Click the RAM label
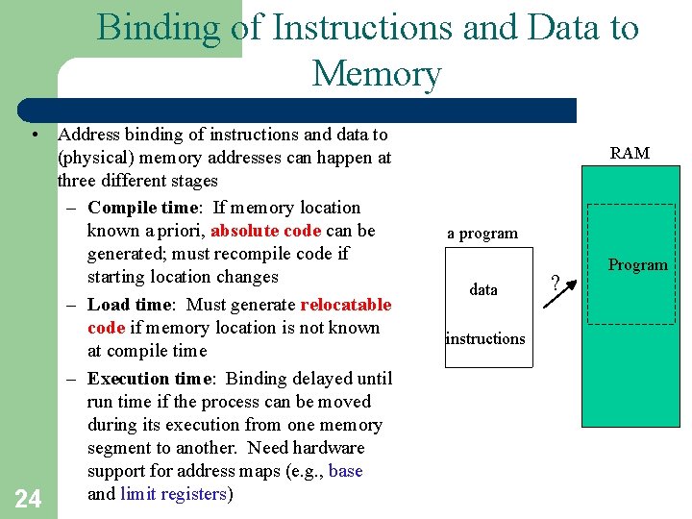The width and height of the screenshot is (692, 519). pyautogui.click(x=630, y=153)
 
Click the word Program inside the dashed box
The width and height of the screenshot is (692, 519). pyautogui.click(x=637, y=265)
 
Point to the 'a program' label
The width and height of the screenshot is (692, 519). pyautogui.click(x=482, y=234)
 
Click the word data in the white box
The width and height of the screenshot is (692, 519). pyautogui.click(x=483, y=289)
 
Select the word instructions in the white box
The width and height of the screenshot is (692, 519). pyautogui.click(x=485, y=338)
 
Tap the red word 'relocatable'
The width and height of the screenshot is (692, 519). pyautogui.click(x=346, y=305)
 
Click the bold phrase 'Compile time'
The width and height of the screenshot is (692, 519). pyautogui.click(x=141, y=208)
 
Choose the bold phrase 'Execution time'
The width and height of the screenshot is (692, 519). pyautogui.click(x=147, y=379)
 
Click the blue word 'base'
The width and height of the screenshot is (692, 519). pyautogui.click(x=345, y=471)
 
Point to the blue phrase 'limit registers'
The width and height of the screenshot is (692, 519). pyautogui.click(x=172, y=494)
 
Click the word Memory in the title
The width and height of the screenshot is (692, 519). pyautogui.click(x=376, y=73)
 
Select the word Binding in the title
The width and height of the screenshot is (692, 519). pyautogui.click(x=159, y=27)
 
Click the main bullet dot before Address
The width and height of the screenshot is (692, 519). pyautogui.click(x=34, y=136)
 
